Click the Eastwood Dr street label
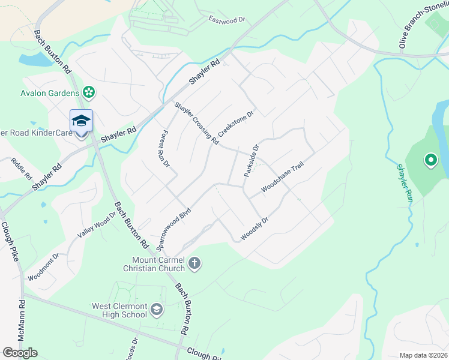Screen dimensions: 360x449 point(228,20)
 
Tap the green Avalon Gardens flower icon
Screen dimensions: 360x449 point(89,92)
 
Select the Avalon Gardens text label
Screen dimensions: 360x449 point(50,93)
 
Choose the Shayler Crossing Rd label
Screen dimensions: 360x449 point(196,123)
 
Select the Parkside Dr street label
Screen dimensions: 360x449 point(251,160)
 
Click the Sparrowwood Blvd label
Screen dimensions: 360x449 point(173,229)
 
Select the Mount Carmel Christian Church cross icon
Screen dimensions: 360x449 point(194,263)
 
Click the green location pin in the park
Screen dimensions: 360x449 point(430,160)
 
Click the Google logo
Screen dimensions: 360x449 point(20,353)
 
